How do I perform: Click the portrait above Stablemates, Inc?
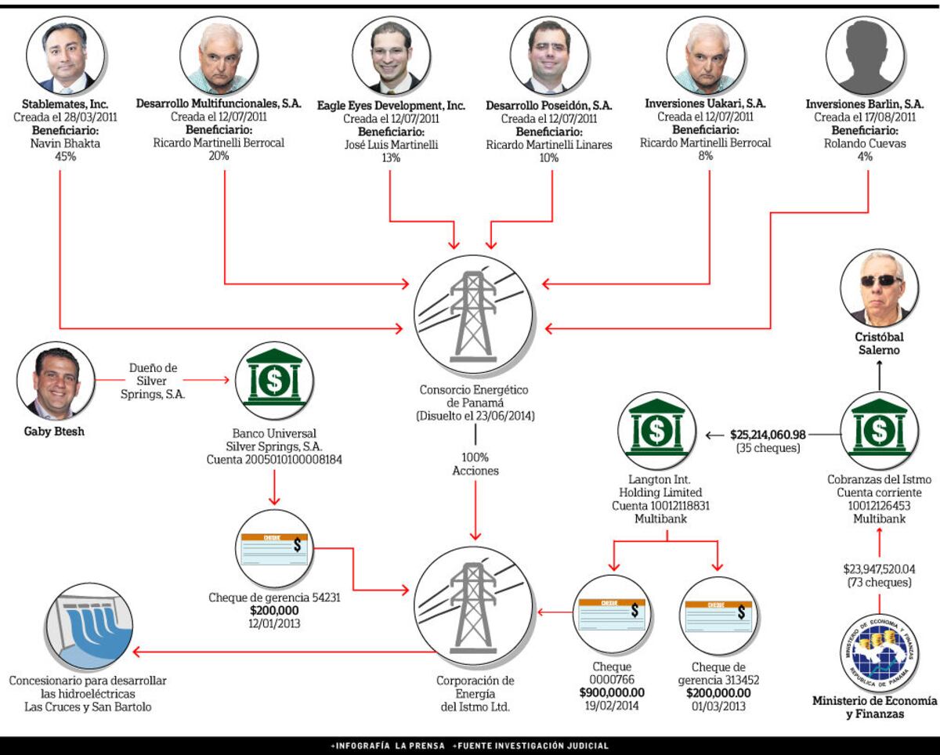61,56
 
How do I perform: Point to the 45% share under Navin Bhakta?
60,157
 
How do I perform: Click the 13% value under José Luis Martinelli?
391,157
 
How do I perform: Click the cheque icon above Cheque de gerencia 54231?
273,555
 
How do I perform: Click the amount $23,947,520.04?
879,569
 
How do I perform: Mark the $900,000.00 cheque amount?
612,692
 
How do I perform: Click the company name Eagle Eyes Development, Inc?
391,105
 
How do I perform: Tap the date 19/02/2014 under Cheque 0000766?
611,705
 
